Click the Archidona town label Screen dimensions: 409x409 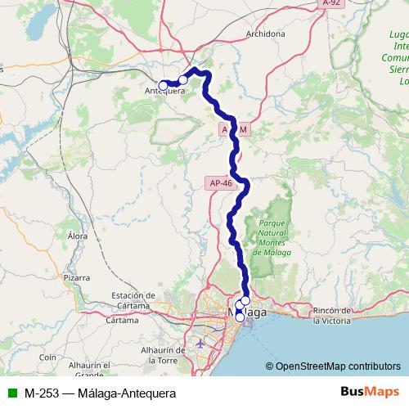coord(265,34)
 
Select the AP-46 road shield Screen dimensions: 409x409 coord(222,183)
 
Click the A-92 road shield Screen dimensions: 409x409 coord(330,4)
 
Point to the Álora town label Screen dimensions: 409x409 coord(78,236)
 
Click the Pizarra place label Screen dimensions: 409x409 coord(76,278)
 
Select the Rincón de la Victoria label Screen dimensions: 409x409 coord(334,315)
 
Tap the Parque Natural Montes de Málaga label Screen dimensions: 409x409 coord(271,237)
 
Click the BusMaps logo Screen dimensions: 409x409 coord(370,393)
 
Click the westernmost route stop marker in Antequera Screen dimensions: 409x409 coord(163,85)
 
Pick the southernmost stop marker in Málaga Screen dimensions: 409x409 coord(240,317)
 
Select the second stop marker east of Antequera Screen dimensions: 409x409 coord(183,80)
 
